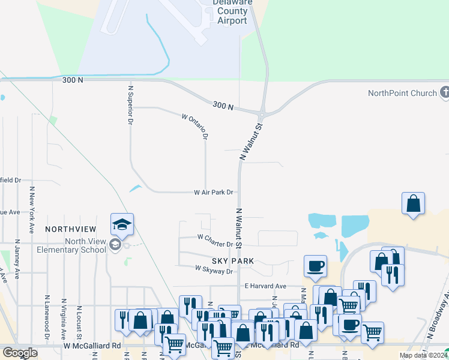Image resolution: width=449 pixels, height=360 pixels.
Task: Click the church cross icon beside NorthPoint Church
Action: tap(444, 93)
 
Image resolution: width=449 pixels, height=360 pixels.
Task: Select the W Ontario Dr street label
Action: tap(194, 125)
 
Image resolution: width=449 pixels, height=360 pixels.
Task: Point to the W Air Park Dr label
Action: tap(213, 193)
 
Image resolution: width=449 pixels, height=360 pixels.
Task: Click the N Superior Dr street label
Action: tap(130, 104)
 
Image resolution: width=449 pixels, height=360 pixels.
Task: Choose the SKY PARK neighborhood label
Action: tap(233, 261)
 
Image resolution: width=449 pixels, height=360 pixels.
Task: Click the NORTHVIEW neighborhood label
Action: tap(70, 229)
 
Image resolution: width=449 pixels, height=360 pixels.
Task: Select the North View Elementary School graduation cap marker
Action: tap(122, 226)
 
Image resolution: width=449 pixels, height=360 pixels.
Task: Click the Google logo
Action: tap(20, 353)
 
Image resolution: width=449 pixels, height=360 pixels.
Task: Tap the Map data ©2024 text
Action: tap(421, 355)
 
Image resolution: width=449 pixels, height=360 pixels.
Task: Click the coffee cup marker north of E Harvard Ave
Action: tap(315, 266)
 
